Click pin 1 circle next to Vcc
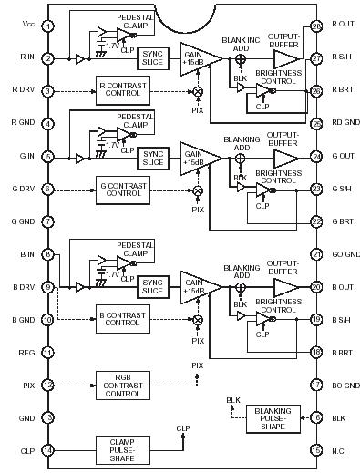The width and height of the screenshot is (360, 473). point(46,26)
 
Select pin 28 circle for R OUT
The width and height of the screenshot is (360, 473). point(316,26)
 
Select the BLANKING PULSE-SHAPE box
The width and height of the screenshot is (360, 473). point(273,418)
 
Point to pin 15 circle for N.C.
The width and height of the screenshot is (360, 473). point(316,449)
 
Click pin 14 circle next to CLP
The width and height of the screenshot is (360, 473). point(46,449)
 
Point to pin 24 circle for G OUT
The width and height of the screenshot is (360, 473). point(316,156)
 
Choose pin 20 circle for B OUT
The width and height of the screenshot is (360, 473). point(316,286)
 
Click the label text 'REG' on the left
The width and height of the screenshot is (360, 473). point(26,351)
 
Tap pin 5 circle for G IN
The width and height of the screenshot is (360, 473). point(46,156)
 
